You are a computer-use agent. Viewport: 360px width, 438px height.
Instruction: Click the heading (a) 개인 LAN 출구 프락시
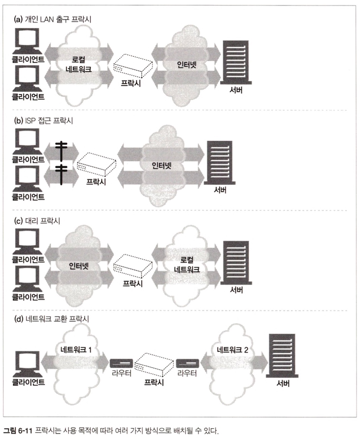tap(52, 19)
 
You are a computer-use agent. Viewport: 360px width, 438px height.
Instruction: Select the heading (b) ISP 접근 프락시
tap(43, 120)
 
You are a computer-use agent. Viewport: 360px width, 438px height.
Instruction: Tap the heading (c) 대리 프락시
tap(37, 221)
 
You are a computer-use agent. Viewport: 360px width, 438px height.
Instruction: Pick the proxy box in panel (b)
tap(96, 164)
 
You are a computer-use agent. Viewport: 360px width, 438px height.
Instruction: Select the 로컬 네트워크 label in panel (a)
tap(79, 64)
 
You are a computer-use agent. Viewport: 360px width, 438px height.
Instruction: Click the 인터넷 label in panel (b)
tap(161, 166)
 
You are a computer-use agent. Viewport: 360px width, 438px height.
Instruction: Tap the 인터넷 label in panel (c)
tap(79, 266)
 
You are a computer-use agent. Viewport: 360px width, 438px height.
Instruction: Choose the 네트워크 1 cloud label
tap(76, 350)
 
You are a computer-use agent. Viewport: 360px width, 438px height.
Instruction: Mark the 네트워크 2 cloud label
tap(233, 350)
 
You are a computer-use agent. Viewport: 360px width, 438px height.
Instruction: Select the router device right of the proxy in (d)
tap(187, 363)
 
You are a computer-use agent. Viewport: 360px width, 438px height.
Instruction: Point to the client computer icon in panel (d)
tap(28, 364)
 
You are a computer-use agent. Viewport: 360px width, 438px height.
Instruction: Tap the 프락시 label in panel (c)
tap(132, 283)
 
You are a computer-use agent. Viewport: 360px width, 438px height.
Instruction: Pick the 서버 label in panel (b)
tap(220, 190)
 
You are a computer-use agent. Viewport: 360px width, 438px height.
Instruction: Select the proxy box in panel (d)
tap(154, 364)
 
